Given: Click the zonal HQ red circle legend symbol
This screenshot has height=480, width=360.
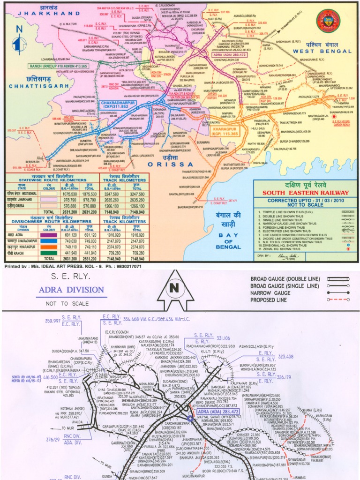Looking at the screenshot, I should (348, 249).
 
